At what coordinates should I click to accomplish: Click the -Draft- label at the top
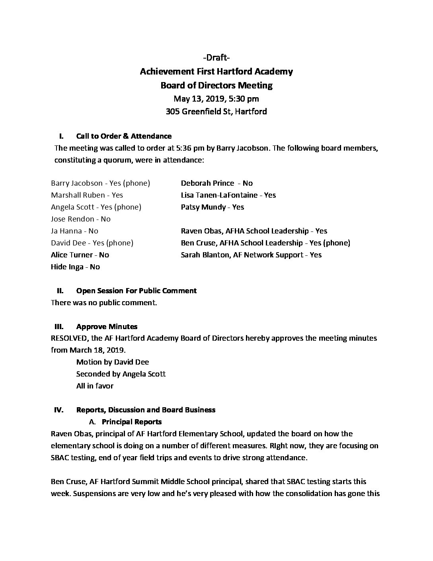(216, 58)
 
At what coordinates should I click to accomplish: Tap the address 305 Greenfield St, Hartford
(216, 112)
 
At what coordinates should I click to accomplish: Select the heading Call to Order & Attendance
(124, 136)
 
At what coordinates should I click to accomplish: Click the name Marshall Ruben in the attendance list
(78, 195)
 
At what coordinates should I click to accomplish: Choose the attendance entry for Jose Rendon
(81, 219)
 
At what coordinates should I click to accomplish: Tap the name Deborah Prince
(207, 183)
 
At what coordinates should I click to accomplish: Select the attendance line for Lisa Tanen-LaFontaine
(228, 195)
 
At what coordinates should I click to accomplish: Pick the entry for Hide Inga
(75, 267)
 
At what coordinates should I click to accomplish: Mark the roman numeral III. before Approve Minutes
(59, 327)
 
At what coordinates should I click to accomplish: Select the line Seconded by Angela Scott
(121, 374)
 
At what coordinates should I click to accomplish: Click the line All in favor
(95, 386)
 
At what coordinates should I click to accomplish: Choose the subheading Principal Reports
(131, 422)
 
